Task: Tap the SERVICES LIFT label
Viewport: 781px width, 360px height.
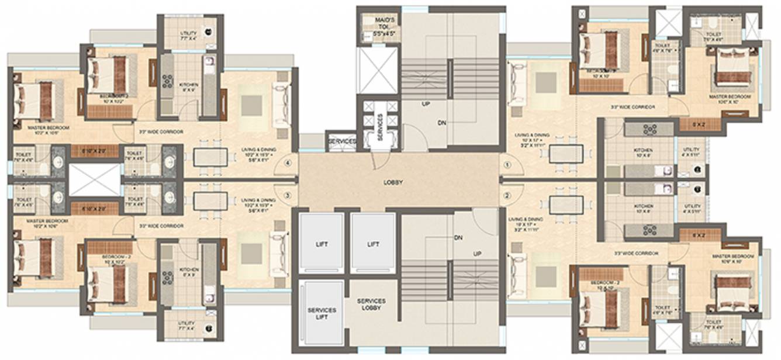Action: click(322, 314)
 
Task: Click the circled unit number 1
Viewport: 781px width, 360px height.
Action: click(507, 165)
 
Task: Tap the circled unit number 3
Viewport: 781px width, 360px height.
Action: click(287, 195)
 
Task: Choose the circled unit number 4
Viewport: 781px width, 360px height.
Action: click(287, 164)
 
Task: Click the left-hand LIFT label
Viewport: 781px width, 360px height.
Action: click(322, 244)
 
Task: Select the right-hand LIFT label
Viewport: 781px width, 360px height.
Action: click(373, 244)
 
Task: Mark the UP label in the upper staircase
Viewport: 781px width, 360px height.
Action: click(426, 103)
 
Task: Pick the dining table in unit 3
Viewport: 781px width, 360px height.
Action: click(210, 201)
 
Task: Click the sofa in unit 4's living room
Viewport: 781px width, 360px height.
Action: click(281, 104)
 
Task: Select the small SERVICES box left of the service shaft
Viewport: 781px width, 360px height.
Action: click(342, 141)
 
